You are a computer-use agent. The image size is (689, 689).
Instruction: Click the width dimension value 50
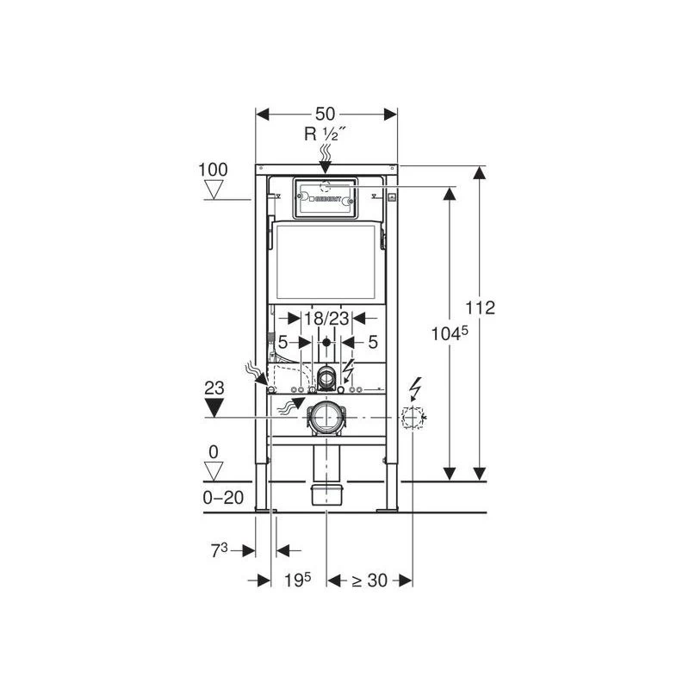pyautogui.click(x=326, y=114)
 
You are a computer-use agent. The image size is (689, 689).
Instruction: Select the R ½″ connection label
pyautogui.click(x=326, y=133)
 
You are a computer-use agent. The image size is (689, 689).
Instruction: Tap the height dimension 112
pyautogui.click(x=481, y=307)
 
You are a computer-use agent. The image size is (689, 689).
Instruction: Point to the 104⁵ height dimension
pyautogui.click(x=450, y=333)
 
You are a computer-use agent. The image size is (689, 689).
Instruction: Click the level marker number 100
pyautogui.click(x=213, y=170)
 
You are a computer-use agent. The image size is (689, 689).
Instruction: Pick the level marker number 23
pyautogui.click(x=214, y=388)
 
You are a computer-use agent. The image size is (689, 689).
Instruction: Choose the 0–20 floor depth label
pyautogui.click(x=223, y=498)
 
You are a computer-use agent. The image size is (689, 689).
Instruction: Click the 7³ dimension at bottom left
pyautogui.click(x=220, y=550)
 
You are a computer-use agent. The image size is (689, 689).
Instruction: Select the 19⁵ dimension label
pyautogui.click(x=297, y=580)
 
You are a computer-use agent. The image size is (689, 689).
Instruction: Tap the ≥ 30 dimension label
pyautogui.click(x=369, y=580)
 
